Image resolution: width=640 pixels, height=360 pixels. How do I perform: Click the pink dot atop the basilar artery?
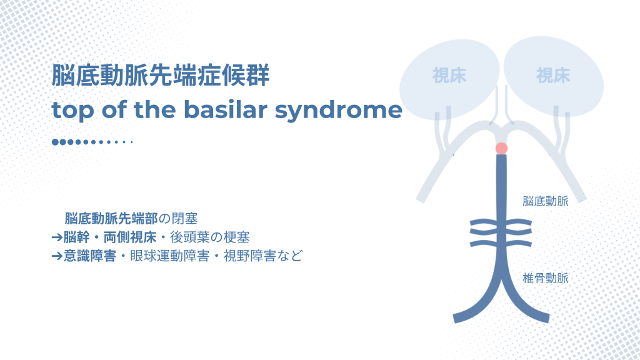(501, 148)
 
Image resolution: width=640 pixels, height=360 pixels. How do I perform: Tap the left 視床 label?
(449, 76)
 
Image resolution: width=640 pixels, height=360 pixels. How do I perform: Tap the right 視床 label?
(553, 76)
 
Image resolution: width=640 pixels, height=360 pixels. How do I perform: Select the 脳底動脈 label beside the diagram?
(545, 201)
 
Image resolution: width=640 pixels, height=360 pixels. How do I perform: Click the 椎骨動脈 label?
(545, 278)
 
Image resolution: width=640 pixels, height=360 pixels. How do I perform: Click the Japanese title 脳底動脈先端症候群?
(161, 75)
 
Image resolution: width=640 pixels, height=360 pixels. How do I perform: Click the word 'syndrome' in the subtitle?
(338, 111)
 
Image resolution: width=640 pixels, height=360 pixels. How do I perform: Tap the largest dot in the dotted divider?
(55, 142)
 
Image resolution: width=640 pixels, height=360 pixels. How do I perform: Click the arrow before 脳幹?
(57, 237)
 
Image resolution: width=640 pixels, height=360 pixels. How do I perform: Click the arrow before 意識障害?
(57, 256)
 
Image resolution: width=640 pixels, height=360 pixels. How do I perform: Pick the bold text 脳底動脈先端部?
(111, 218)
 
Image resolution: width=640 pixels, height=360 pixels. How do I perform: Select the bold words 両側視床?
(130, 237)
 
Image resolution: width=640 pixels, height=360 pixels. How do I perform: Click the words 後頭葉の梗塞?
(210, 237)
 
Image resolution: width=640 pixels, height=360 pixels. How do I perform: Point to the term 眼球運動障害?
(170, 256)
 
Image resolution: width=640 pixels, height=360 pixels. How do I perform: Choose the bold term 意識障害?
(90, 256)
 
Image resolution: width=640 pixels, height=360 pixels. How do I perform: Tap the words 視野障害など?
(263, 256)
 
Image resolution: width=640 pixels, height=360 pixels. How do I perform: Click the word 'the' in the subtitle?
(155, 109)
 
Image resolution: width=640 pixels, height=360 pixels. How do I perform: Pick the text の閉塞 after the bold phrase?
(178, 218)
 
